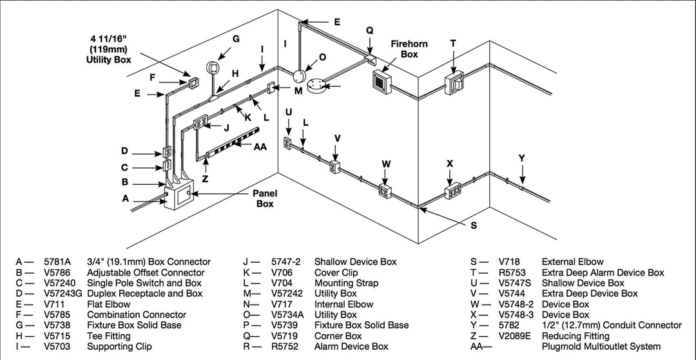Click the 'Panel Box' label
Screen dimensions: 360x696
264,198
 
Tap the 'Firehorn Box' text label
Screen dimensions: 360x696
409,49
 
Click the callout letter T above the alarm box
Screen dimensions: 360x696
453,43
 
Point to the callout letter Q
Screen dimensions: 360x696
369,30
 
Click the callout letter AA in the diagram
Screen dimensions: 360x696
260,146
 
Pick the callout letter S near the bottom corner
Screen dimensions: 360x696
474,225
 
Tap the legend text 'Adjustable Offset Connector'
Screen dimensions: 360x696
146,272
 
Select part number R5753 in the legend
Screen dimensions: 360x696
513,272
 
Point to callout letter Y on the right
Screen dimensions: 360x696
522,158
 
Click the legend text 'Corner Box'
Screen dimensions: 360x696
338,336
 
